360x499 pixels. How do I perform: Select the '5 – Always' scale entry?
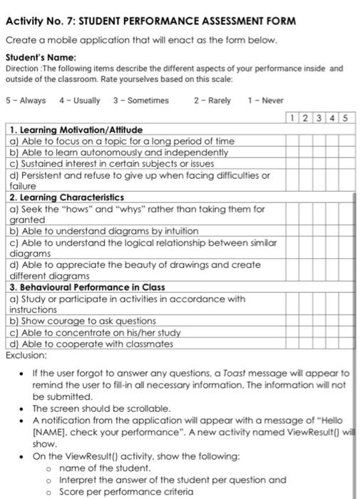(x=25, y=101)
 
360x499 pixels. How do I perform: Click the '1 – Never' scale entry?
(x=265, y=101)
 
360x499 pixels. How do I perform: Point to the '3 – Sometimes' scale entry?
(x=141, y=101)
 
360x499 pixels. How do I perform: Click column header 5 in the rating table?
(x=346, y=118)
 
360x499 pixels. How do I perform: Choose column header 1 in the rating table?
(x=293, y=118)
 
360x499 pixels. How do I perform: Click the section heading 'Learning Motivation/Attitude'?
(x=81, y=130)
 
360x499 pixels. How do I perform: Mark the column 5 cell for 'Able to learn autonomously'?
(x=346, y=153)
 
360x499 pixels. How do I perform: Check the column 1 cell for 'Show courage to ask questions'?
(x=293, y=321)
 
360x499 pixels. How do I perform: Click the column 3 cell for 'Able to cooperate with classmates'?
(x=319, y=344)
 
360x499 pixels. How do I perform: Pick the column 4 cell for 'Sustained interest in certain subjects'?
(x=332, y=164)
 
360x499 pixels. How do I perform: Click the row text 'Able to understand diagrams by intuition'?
(x=104, y=231)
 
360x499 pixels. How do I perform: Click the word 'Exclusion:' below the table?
(x=26, y=354)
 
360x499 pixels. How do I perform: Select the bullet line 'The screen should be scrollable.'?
(x=101, y=408)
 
